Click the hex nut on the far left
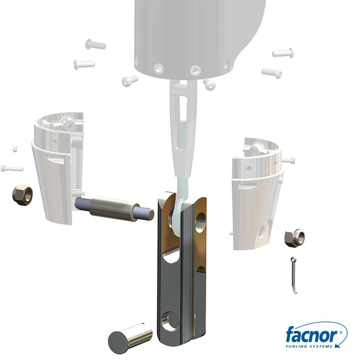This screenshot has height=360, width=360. tap(22, 195)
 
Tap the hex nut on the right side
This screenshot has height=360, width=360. tap(295, 238)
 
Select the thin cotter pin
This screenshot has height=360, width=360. tap(294, 275)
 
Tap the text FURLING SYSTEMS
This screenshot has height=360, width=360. tap(309, 346)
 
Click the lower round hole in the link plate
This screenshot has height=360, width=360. tap(170, 322)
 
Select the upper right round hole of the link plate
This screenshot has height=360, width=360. tap(200, 223)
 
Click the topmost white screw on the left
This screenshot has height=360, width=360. tap(96, 44)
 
